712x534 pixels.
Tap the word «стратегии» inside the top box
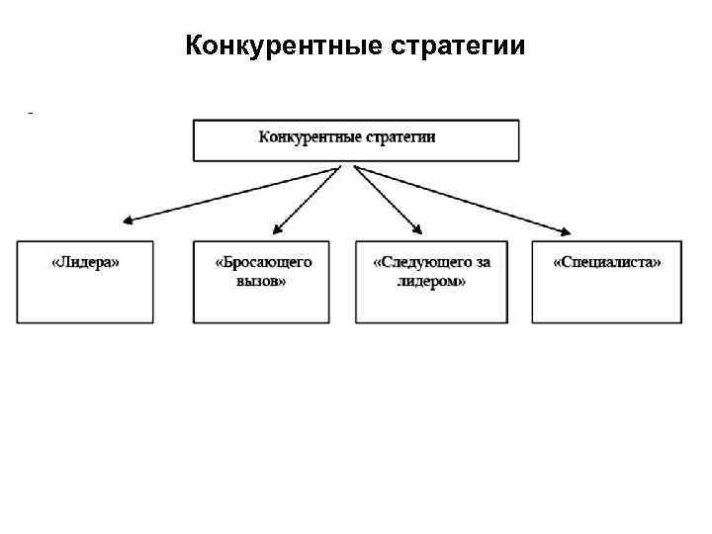pyautogui.click(x=400, y=136)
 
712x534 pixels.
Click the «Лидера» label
pyautogui.click(x=85, y=262)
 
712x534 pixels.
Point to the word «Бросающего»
pyautogui.click(x=263, y=262)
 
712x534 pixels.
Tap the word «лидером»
pyautogui.click(x=431, y=281)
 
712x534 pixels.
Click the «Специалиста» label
pyautogui.click(x=606, y=262)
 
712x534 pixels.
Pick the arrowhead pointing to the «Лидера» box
pyautogui.click(x=128, y=222)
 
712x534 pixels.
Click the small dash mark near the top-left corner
pyautogui.click(x=31, y=114)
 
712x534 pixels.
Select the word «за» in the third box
pyautogui.click(x=482, y=262)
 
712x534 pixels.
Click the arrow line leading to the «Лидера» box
pyautogui.click(x=232, y=194)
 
